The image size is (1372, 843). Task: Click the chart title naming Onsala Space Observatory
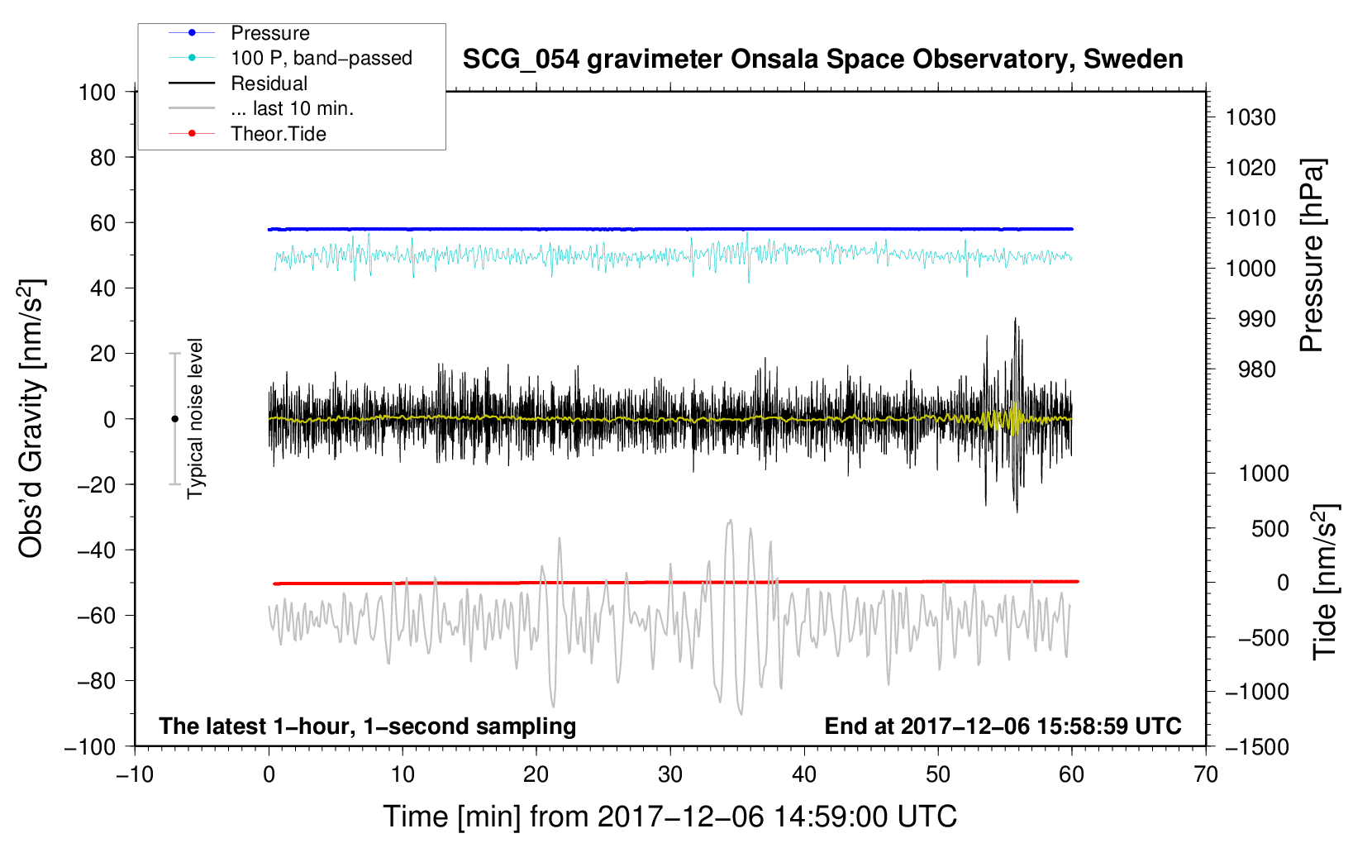[822, 60]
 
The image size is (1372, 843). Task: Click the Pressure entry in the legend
[270, 33]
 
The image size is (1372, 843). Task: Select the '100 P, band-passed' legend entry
[321, 58]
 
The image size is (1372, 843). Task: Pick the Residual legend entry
[269, 83]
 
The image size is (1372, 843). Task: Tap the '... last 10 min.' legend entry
[292, 108]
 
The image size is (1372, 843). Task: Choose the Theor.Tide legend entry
[278, 134]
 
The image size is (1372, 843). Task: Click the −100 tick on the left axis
[90, 746]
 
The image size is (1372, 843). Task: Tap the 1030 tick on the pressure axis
[1250, 117]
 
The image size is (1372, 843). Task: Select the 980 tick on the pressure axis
[1256, 369]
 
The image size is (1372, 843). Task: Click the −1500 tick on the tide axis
[1256, 746]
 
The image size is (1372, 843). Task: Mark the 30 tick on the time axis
[670, 774]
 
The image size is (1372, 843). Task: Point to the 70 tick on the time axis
[1206, 774]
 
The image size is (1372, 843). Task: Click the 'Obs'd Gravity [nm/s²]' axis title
[31, 418]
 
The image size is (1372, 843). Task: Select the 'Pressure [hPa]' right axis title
[1312, 256]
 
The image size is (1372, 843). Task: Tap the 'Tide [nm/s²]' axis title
[1325, 582]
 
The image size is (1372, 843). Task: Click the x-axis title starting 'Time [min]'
[670, 817]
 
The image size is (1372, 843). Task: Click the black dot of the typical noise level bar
[174, 419]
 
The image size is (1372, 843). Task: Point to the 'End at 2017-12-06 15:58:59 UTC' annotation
[1003, 726]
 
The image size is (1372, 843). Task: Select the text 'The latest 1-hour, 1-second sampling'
[368, 726]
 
